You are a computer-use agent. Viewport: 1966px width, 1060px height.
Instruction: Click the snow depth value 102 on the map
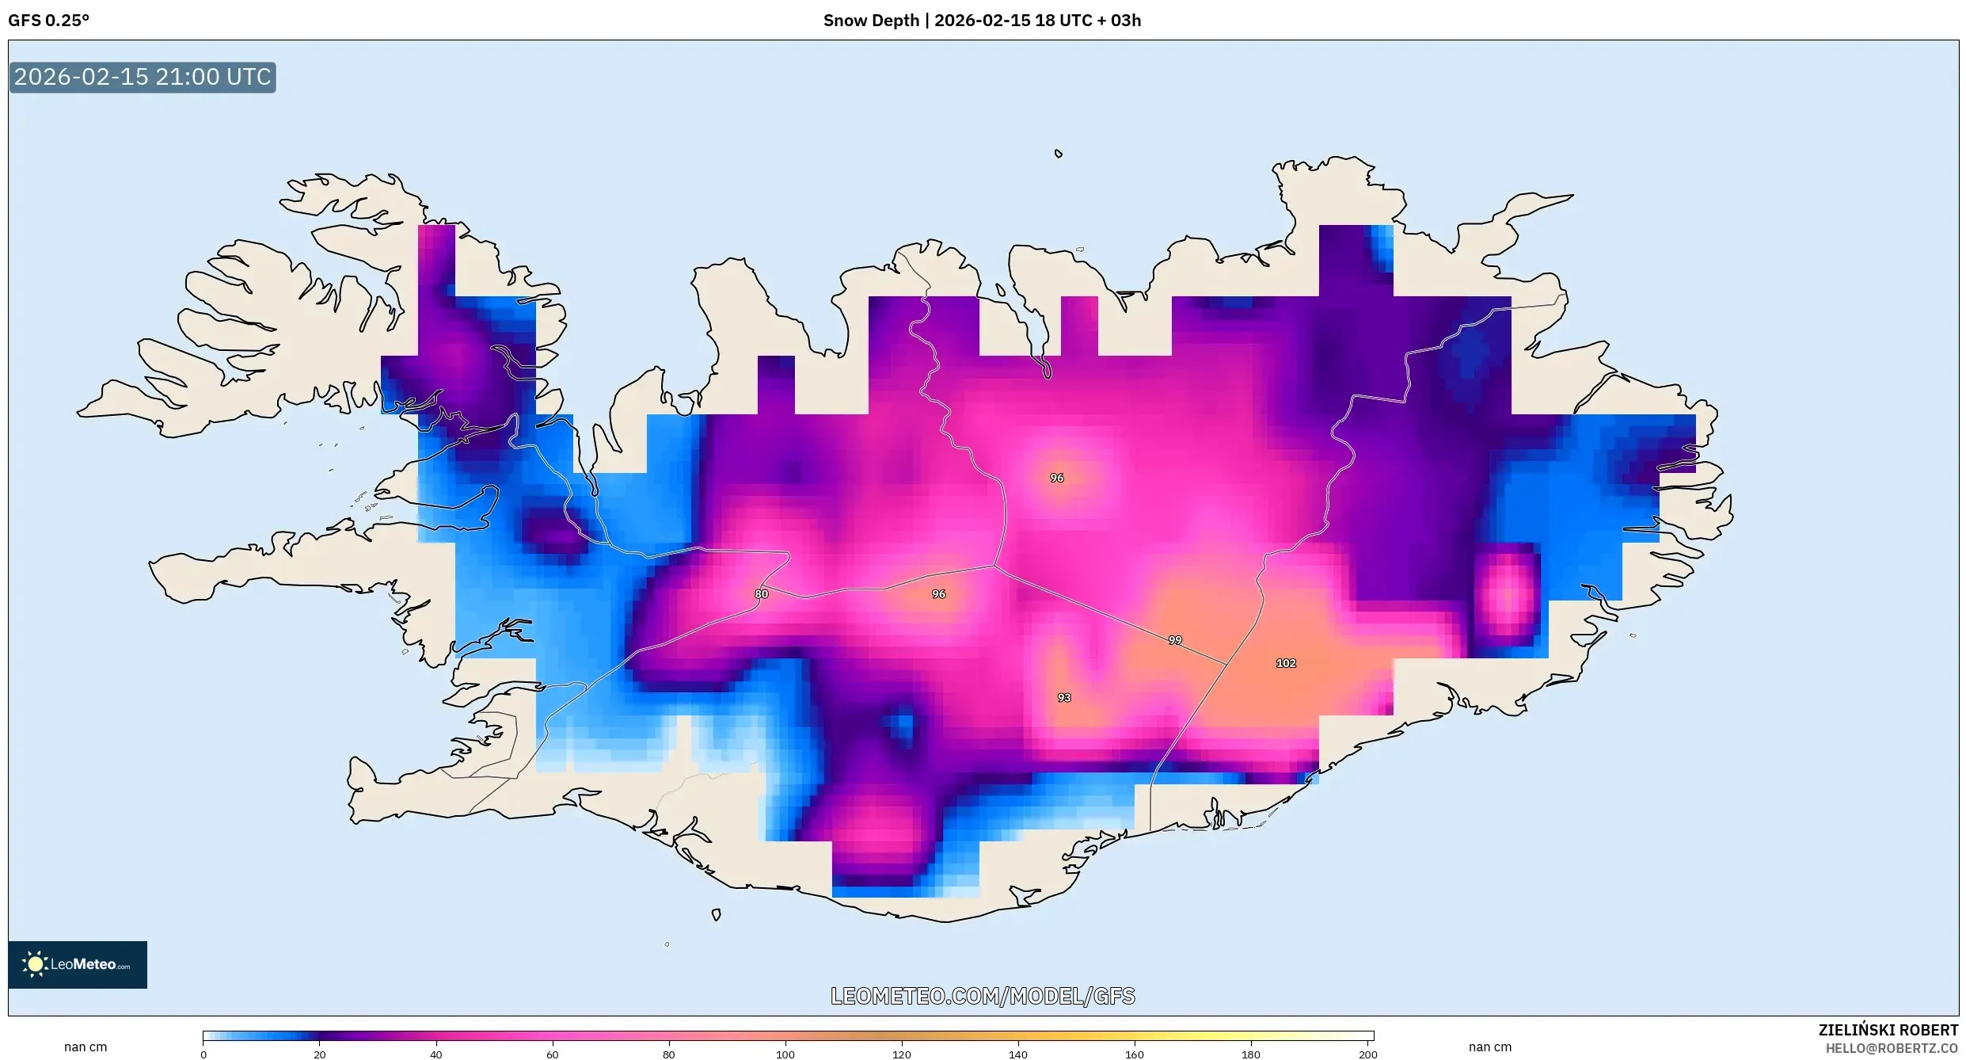point(1286,663)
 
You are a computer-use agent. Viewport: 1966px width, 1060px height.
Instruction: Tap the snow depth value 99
point(1175,640)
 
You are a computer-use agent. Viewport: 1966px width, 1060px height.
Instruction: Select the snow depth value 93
point(1064,698)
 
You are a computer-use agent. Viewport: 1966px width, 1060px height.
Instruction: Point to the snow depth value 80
point(761,594)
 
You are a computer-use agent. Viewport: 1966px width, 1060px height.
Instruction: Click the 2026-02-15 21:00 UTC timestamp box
point(143,78)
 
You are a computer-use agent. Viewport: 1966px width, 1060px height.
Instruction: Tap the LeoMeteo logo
point(78,964)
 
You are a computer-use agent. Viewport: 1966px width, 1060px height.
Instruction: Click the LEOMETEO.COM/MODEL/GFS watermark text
point(983,996)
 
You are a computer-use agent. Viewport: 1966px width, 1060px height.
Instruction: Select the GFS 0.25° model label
point(48,21)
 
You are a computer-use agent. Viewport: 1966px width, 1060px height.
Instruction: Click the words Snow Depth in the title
point(871,21)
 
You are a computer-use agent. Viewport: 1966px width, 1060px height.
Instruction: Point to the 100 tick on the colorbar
point(785,1054)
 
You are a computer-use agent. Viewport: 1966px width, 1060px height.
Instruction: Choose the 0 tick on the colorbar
point(203,1054)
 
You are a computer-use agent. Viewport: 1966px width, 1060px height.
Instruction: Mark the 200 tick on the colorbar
point(1367,1054)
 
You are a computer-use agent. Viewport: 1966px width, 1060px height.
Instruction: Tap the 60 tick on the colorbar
point(552,1054)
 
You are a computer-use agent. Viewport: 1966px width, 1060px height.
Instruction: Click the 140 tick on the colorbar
point(1017,1054)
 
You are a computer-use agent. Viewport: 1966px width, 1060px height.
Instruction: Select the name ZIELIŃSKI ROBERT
point(1888,1030)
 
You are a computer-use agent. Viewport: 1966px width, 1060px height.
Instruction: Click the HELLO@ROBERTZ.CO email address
point(1892,1048)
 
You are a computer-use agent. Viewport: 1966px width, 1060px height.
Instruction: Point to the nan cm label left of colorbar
point(86,1047)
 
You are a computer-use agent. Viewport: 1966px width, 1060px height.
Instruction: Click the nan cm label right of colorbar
point(1490,1047)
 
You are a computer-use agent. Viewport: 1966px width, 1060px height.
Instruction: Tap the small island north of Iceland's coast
point(1059,154)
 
